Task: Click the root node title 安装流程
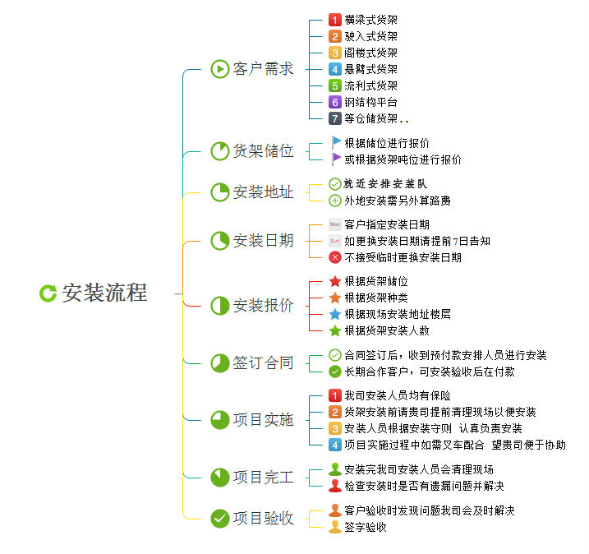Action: (104, 293)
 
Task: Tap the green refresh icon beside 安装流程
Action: (48, 293)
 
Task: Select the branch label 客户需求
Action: (263, 69)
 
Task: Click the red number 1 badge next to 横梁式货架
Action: (334, 20)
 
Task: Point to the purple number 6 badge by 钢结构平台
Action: (334, 102)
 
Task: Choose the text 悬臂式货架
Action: (371, 69)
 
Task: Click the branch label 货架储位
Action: (263, 151)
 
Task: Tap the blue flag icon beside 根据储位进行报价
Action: (335, 142)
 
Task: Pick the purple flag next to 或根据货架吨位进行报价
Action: (335, 159)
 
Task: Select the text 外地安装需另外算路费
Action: (398, 201)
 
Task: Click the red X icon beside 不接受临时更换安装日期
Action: (334, 257)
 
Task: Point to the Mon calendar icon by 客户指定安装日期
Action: (334, 224)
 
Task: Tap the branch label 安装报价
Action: (263, 306)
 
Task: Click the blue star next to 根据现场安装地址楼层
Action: (334, 314)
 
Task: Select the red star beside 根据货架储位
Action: (334, 281)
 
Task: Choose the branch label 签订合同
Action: (263, 362)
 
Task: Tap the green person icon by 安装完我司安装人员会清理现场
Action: (334, 469)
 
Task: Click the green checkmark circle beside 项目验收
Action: (219, 518)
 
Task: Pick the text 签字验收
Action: (366, 527)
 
